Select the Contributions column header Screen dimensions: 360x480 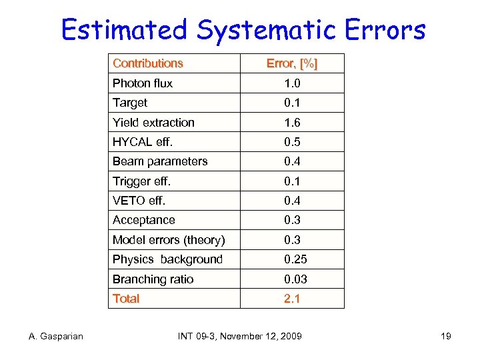pyautogui.click(x=147, y=63)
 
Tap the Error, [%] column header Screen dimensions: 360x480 pyautogui.click(x=292, y=63)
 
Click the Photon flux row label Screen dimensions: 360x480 pyautogui.click(x=143, y=83)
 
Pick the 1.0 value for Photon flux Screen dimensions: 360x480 pyautogui.click(x=292, y=83)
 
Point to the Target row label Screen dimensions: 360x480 pyautogui.click(x=130, y=103)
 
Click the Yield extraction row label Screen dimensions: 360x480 pyautogui.click(x=153, y=123)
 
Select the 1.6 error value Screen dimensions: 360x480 pyautogui.click(x=292, y=123)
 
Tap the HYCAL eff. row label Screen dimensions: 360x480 pyautogui.click(x=141, y=142)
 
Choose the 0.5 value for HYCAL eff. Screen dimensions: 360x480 pyautogui.click(x=292, y=142)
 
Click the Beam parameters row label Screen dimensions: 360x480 pyautogui.click(x=160, y=161)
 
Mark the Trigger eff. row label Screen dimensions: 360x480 pyautogui.click(x=141, y=181)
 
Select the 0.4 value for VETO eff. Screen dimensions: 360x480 pyautogui.click(x=292, y=201)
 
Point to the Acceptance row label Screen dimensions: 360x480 pyautogui.click(x=144, y=220)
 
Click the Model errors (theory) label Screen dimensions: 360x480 pyautogui.click(x=169, y=240)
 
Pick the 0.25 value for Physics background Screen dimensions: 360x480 pyautogui.click(x=295, y=259)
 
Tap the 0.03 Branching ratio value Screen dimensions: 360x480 pyautogui.click(x=295, y=279)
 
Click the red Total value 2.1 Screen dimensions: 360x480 pyautogui.click(x=292, y=299)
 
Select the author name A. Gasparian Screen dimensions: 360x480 pyautogui.click(x=56, y=336)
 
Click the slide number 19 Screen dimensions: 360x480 pyautogui.click(x=446, y=336)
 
